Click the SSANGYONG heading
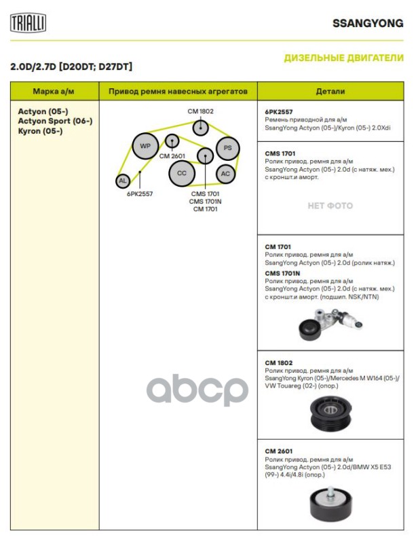pyautogui.click(x=367, y=22)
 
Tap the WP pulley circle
pyautogui.click(x=145, y=146)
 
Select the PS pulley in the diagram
pyautogui.click(x=228, y=147)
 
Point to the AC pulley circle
pyautogui.click(x=227, y=174)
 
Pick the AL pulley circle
pyautogui.click(x=122, y=181)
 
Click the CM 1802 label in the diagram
pyautogui.click(x=201, y=111)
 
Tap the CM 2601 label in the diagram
pyautogui.click(x=172, y=156)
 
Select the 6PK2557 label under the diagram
pyautogui.click(x=140, y=193)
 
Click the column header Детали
pyautogui.click(x=330, y=91)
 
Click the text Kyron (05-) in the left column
pyautogui.click(x=40, y=130)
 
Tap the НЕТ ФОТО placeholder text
pyautogui.click(x=330, y=206)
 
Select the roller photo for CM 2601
pyautogui.click(x=330, y=502)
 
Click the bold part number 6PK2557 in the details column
pyautogui.click(x=279, y=111)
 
